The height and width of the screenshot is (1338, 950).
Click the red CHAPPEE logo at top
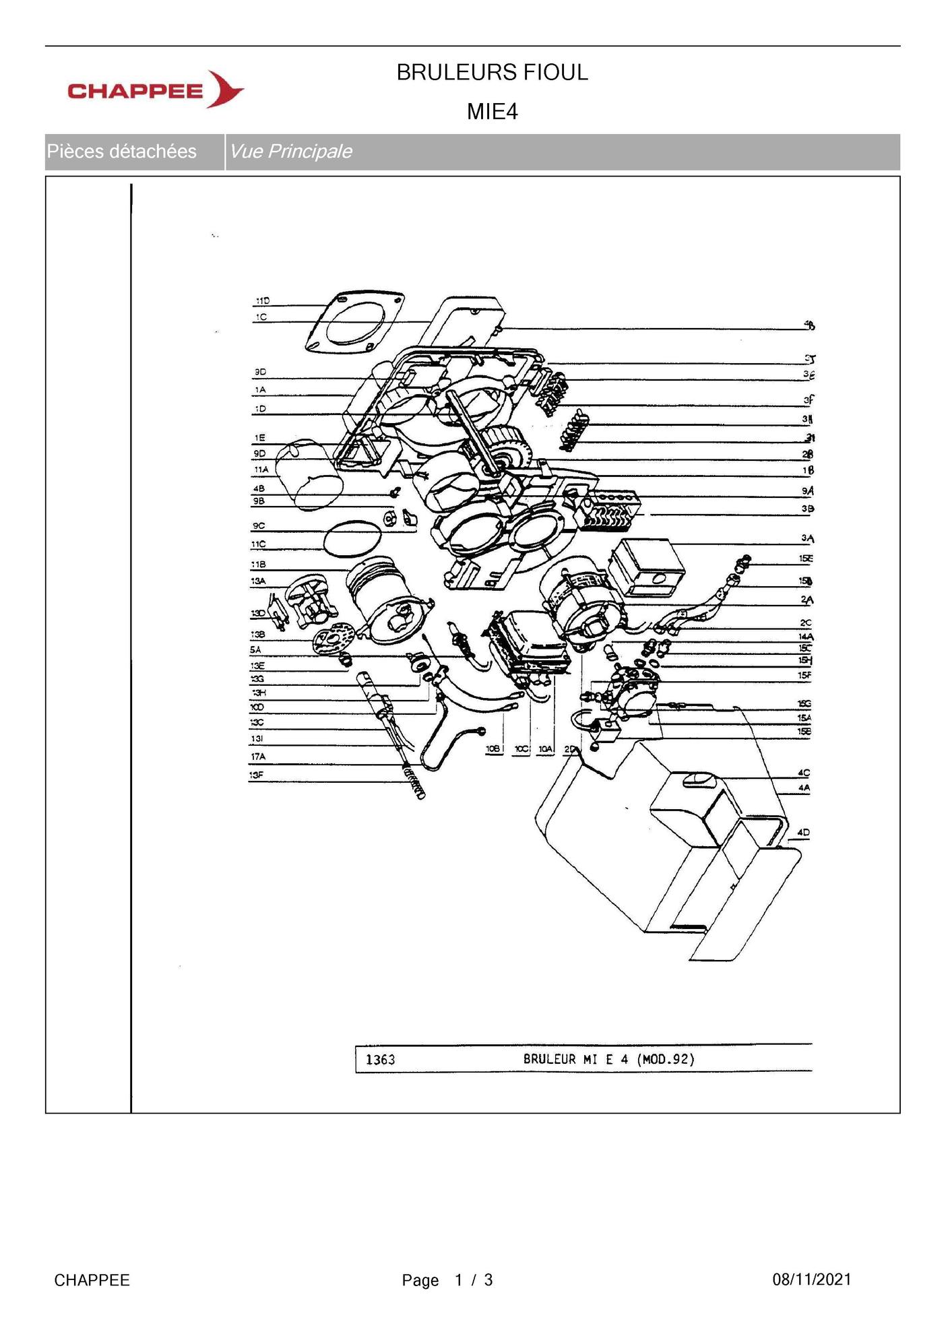[155, 90]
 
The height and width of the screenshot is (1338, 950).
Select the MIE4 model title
[492, 112]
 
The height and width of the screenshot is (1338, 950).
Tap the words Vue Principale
[290, 152]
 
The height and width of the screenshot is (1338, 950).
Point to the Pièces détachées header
[122, 152]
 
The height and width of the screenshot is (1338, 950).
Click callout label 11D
[262, 300]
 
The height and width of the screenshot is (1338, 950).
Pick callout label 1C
[261, 317]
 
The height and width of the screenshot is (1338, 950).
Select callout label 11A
[261, 470]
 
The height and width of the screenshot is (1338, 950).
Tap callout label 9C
[259, 526]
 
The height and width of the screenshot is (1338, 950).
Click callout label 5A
[255, 650]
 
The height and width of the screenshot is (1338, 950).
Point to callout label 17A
[258, 757]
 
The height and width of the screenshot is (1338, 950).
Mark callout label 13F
[257, 775]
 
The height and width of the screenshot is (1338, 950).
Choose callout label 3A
[807, 538]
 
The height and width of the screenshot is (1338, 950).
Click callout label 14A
[806, 637]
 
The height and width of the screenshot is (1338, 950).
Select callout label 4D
[803, 833]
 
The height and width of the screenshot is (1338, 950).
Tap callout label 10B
[494, 749]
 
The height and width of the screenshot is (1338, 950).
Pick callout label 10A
[544, 749]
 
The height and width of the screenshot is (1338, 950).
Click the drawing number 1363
[380, 1060]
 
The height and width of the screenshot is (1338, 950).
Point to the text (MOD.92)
[666, 1059]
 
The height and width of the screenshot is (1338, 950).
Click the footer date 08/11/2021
[811, 1280]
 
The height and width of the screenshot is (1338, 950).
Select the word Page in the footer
[420, 1281]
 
